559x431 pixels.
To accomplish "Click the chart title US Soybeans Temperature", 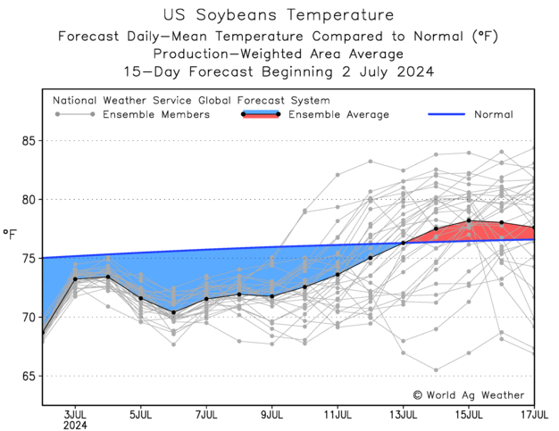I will click(x=279, y=15).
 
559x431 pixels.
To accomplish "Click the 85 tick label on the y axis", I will click(x=27, y=141).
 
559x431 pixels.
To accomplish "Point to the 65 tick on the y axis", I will click(x=27, y=376).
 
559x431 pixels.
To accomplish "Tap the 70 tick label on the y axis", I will click(x=27, y=317).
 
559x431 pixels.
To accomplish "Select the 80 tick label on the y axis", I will click(x=27, y=200).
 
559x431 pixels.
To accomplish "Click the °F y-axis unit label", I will click(x=10, y=235).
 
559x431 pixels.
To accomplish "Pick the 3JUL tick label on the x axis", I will click(x=75, y=415).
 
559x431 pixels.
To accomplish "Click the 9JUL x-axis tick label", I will click(x=272, y=415).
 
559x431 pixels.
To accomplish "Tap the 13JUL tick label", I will click(x=403, y=415).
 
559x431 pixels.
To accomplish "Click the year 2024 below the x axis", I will click(x=75, y=426).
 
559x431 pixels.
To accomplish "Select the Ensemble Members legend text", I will click(x=156, y=114).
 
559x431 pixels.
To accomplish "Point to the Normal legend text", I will click(x=493, y=114).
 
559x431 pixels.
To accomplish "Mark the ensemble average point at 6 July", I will click(x=173, y=312).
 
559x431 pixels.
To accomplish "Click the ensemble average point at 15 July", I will click(x=469, y=220).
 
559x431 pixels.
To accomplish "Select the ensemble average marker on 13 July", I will click(x=403, y=243).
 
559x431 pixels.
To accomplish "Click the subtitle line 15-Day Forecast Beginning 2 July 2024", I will click(x=279, y=71).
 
